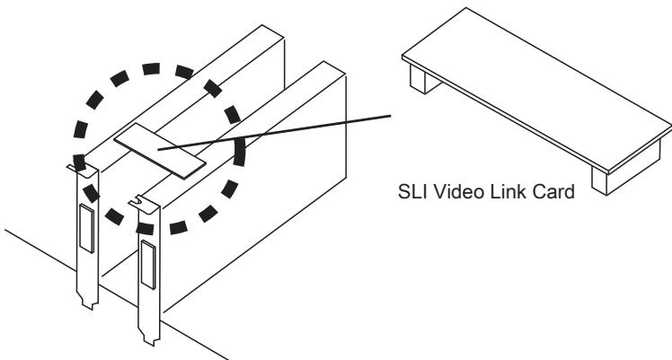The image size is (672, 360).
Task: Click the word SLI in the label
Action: point(412,191)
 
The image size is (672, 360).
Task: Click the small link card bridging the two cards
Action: point(160,151)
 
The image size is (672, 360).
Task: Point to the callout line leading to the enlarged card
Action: point(274,132)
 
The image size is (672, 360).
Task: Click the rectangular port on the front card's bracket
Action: point(148,265)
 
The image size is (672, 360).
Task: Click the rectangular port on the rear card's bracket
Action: point(86,228)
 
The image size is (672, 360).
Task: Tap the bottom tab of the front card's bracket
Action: point(150,338)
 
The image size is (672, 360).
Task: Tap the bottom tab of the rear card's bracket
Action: point(89,302)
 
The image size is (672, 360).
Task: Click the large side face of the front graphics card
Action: point(252,193)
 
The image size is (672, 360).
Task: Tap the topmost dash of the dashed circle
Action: point(151,68)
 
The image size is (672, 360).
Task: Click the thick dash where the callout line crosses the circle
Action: point(239,151)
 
